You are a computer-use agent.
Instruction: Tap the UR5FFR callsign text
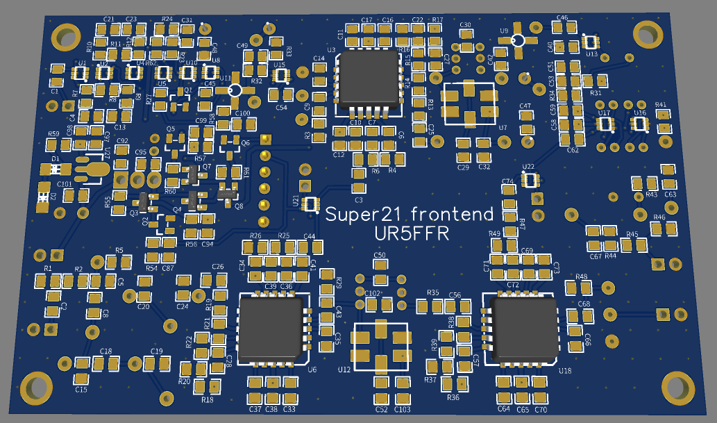pos(411,235)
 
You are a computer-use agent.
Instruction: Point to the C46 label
pos(562,18)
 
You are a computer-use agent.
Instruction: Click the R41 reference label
pos(661,105)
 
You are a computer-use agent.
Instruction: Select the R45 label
pos(632,235)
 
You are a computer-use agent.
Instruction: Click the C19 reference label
pos(156,351)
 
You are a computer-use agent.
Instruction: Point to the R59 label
pos(53,134)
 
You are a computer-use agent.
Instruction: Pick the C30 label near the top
pos(465,25)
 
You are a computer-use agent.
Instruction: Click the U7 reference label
pos(503,128)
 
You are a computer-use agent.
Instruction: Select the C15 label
pos(81,390)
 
